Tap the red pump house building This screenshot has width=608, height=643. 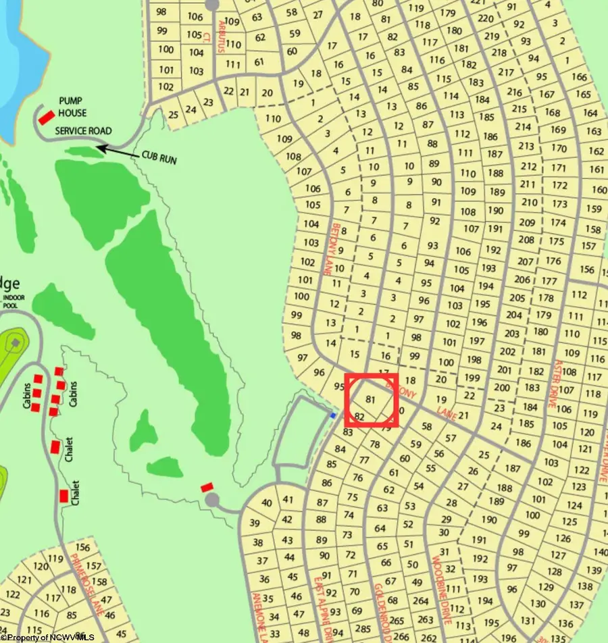click(46, 117)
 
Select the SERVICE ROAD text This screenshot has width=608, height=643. click(83, 130)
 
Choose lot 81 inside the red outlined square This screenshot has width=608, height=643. click(369, 400)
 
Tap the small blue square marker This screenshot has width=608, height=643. click(333, 415)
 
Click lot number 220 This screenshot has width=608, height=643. click(486, 19)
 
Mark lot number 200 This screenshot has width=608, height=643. click(502, 388)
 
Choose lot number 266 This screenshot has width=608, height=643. click(401, 636)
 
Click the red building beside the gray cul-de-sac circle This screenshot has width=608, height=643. click(207, 486)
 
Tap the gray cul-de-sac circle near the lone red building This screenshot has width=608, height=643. click(213, 500)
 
